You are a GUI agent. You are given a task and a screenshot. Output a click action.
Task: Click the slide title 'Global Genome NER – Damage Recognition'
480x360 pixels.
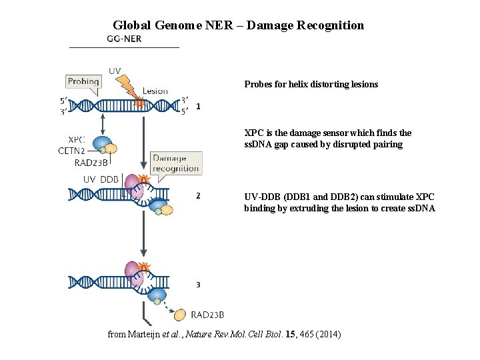(238, 25)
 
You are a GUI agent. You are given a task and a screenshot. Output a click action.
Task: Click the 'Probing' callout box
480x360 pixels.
(83, 82)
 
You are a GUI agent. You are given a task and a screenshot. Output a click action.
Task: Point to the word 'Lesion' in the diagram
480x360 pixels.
(155, 91)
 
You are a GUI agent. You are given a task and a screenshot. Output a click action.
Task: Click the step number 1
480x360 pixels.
(198, 106)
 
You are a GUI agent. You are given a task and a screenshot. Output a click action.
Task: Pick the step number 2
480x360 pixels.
(198, 196)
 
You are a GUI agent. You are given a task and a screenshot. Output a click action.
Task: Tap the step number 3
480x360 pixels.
(198, 285)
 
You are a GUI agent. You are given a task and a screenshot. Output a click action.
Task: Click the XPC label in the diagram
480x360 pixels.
(76, 139)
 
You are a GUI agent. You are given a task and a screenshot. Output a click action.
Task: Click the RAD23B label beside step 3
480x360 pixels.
(207, 315)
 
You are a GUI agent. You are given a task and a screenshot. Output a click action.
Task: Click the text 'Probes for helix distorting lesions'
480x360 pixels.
(311, 85)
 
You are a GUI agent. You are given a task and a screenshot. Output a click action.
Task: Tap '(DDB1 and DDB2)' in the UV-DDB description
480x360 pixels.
(308, 197)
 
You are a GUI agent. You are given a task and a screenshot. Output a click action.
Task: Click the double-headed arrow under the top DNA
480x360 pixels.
(104, 124)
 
